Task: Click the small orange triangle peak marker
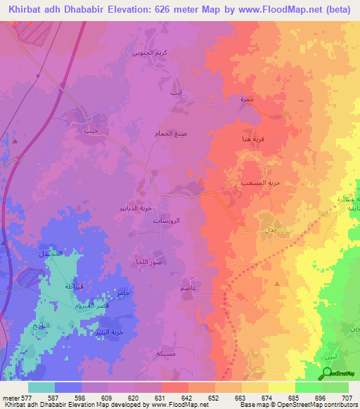(x=278, y=284)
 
